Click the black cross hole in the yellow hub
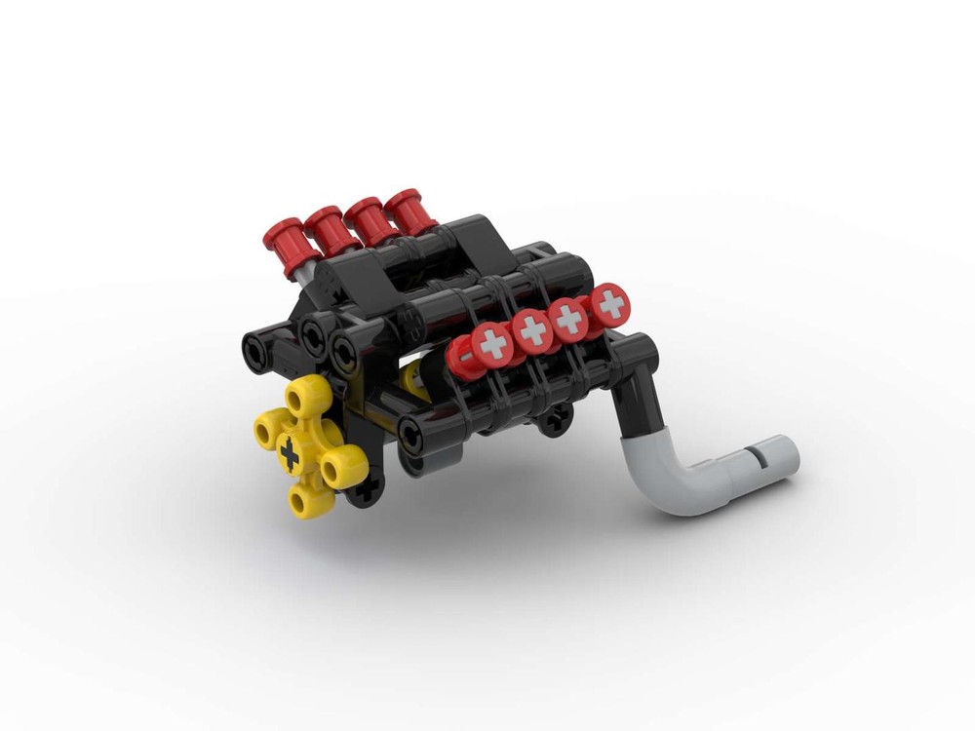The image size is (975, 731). tap(291, 450)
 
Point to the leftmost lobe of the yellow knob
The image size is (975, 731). tap(267, 430)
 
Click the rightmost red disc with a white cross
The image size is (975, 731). tap(611, 305)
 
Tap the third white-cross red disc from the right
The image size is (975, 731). tap(532, 330)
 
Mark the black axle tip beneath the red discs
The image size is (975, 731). tap(557, 421)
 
